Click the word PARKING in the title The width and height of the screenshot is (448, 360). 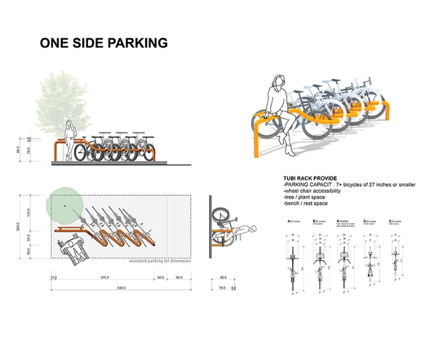(133, 43)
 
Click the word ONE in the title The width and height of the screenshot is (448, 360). (54, 43)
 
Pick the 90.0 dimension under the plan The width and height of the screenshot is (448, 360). (179, 278)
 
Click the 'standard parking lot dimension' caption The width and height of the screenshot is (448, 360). (159, 261)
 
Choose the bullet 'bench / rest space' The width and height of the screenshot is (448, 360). (306, 203)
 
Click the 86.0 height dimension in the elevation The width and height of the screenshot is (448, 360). (19, 149)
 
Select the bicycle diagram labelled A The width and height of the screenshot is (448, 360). (293, 259)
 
